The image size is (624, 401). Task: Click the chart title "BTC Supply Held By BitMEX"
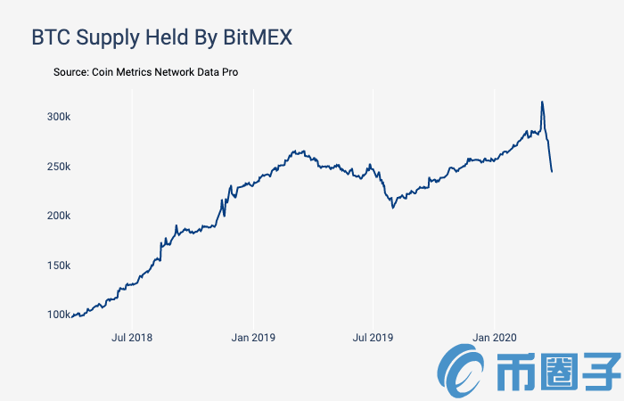pos(162,37)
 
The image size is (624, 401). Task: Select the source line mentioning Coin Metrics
pos(146,71)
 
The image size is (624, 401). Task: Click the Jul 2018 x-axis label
pos(132,338)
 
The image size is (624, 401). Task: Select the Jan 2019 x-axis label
pos(254,338)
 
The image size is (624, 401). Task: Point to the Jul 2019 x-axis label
pos(373,338)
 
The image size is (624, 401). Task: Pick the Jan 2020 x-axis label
pos(494,338)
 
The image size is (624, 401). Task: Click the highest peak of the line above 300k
pos(541,102)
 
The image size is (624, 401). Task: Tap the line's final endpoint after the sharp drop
pos(552,171)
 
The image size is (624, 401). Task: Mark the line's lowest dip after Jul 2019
pos(392,208)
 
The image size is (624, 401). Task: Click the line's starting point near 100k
pos(73,315)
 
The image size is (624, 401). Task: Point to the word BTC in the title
pos(53,37)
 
